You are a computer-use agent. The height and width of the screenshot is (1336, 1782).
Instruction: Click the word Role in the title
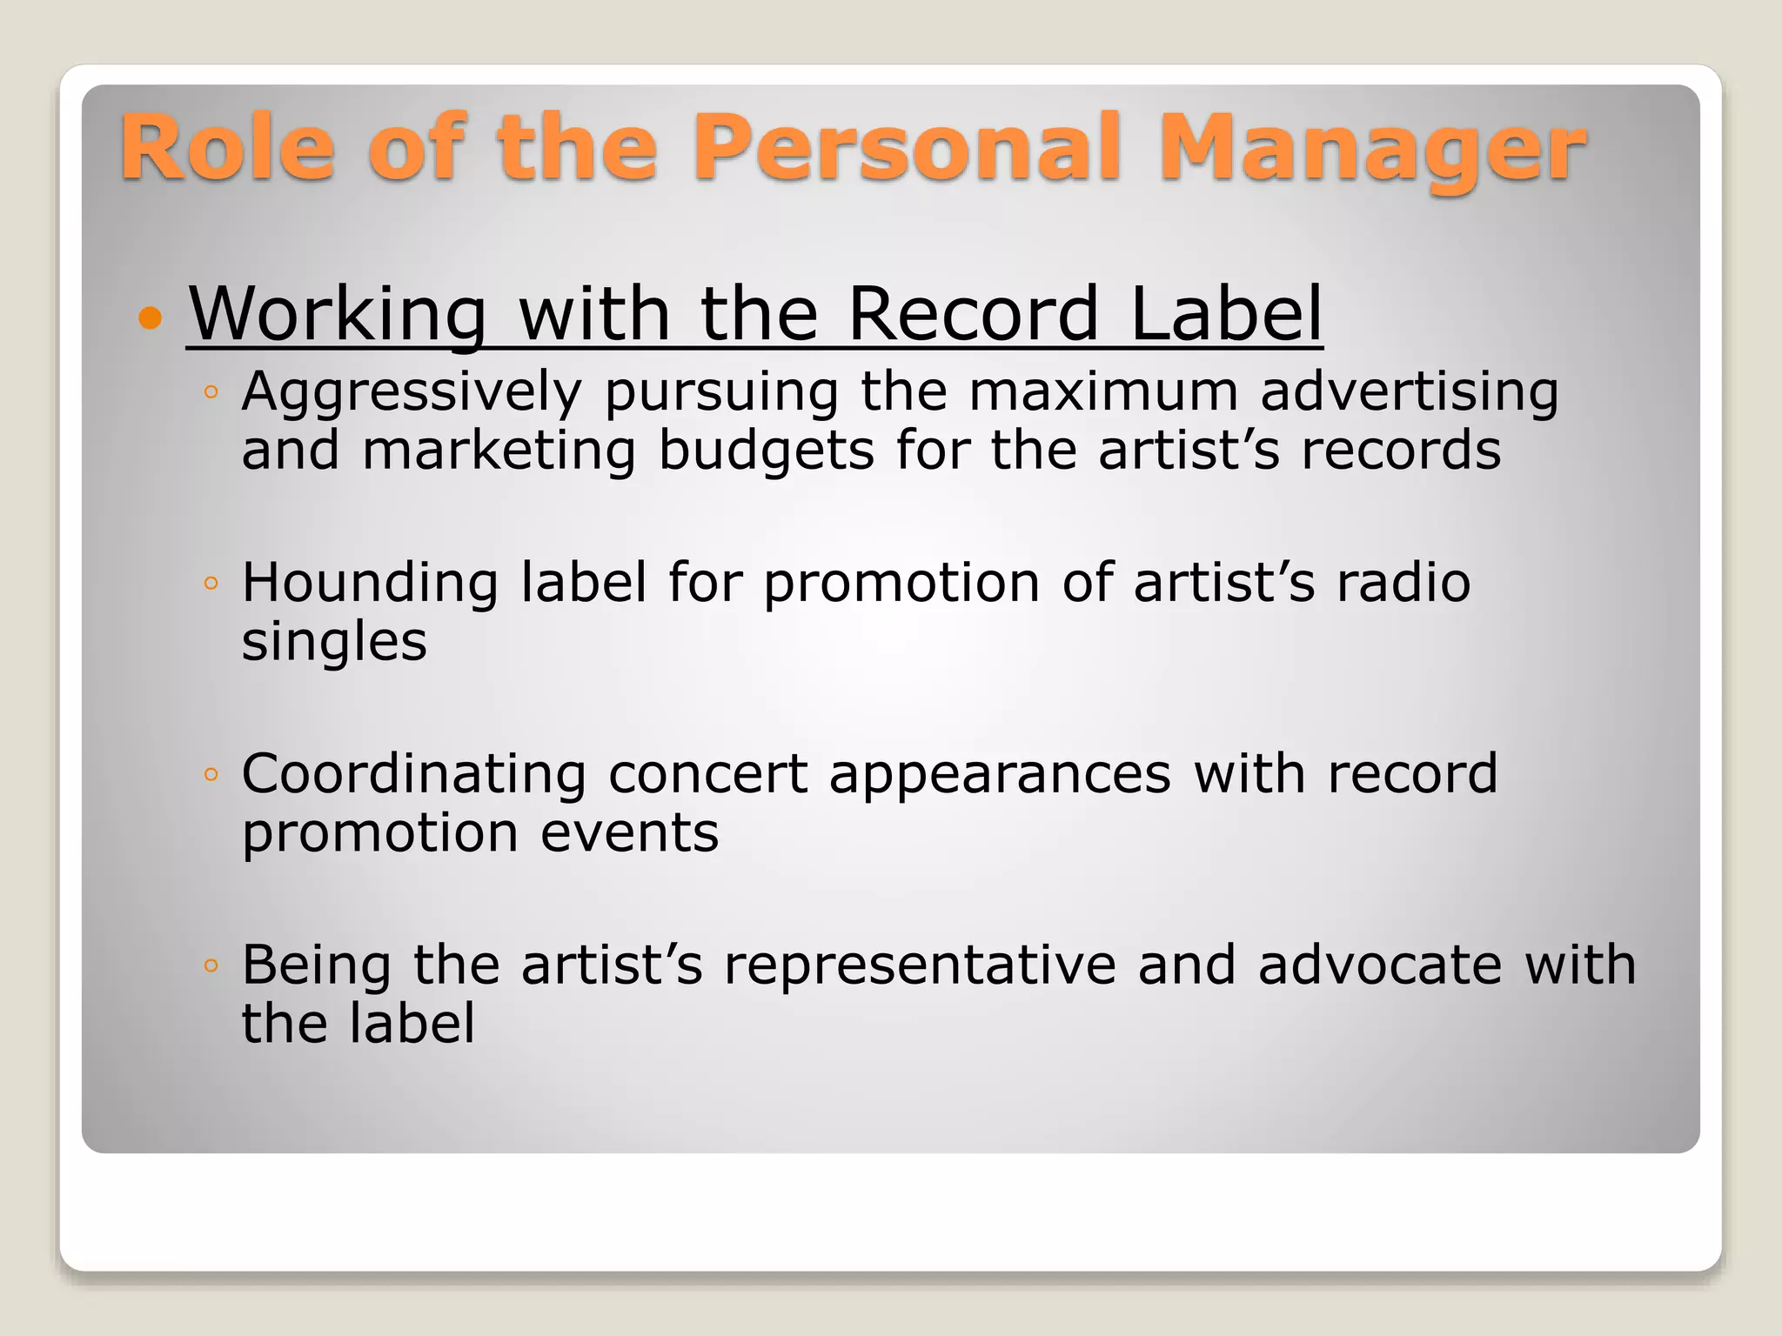[x=227, y=148]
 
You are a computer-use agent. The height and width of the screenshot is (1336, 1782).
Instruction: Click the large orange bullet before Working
[x=151, y=317]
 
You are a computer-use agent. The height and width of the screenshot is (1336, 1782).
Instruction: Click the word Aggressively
[x=412, y=393]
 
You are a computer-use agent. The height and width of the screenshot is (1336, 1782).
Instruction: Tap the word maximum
[x=1103, y=391]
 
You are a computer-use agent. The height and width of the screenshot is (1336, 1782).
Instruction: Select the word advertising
[x=1410, y=393]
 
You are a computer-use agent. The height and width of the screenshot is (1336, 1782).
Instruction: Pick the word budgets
[x=766, y=452]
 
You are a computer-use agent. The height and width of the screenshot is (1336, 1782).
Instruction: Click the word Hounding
[x=370, y=584]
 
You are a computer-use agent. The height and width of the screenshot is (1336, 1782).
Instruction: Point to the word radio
[x=1403, y=582]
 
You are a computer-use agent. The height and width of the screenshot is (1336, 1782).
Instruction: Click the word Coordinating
[x=413, y=775]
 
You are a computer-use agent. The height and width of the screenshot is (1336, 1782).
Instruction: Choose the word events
[x=629, y=833]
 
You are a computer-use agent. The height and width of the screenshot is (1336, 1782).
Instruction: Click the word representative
[x=920, y=965]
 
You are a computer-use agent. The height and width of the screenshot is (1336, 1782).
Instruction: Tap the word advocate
[x=1379, y=965]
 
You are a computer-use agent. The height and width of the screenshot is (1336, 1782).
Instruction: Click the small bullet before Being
[x=210, y=965]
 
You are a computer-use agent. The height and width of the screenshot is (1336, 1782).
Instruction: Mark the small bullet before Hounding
[x=210, y=583]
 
